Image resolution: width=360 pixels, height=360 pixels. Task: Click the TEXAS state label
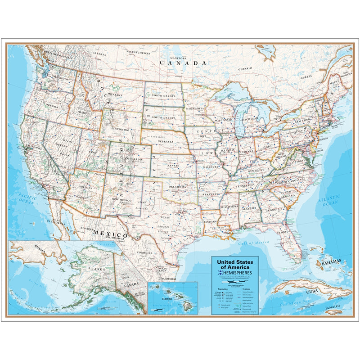[x=165, y=217]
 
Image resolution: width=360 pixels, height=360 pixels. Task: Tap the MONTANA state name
[x=115, y=95]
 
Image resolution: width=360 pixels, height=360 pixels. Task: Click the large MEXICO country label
[x=110, y=234]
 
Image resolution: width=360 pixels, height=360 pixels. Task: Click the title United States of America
[x=235, y=264]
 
